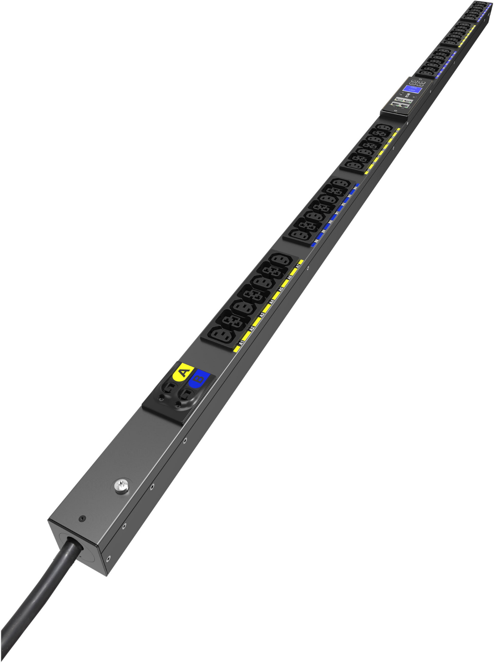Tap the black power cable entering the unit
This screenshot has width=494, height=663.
click(45, 586)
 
